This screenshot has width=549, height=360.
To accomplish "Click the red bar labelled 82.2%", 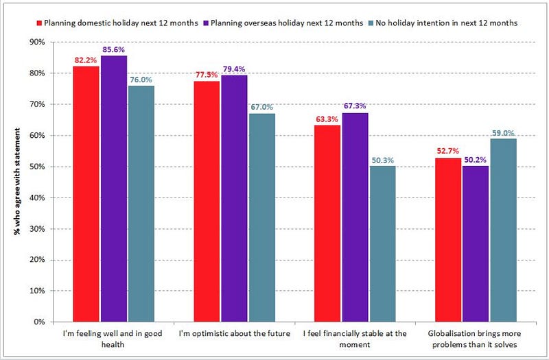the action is (86, 194).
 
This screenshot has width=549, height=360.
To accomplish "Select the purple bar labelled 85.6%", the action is (114, 189).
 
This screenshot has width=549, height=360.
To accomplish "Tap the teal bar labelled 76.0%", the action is (141, 204).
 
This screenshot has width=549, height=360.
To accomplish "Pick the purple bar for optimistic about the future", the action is (234, 198).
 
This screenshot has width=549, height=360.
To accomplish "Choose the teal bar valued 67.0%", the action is (262, 217).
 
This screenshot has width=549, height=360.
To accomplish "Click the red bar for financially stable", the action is (327, 224).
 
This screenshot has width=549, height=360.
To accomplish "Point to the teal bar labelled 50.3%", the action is (383, 244).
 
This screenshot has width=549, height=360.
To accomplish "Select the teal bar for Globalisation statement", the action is (504, 230).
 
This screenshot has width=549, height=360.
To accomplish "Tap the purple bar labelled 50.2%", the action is (476, 244).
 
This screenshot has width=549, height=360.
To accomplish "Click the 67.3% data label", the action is (355, 106).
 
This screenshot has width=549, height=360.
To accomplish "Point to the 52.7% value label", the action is (448, 151).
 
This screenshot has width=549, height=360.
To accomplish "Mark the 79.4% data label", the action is (234, 69).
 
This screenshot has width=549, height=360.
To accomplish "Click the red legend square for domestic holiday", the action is (40, 23).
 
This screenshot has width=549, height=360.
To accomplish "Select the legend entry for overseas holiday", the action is (283, 23).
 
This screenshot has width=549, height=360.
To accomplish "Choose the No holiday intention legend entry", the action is (443, 23).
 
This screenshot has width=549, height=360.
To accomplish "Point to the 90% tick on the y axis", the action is (38, 43).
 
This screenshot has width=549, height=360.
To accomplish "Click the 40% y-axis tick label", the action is (38, 197).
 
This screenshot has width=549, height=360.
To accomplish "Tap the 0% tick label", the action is (40, 322).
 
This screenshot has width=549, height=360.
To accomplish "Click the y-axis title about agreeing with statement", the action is (16, 182).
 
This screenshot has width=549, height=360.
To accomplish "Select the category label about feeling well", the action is (113, 339).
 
